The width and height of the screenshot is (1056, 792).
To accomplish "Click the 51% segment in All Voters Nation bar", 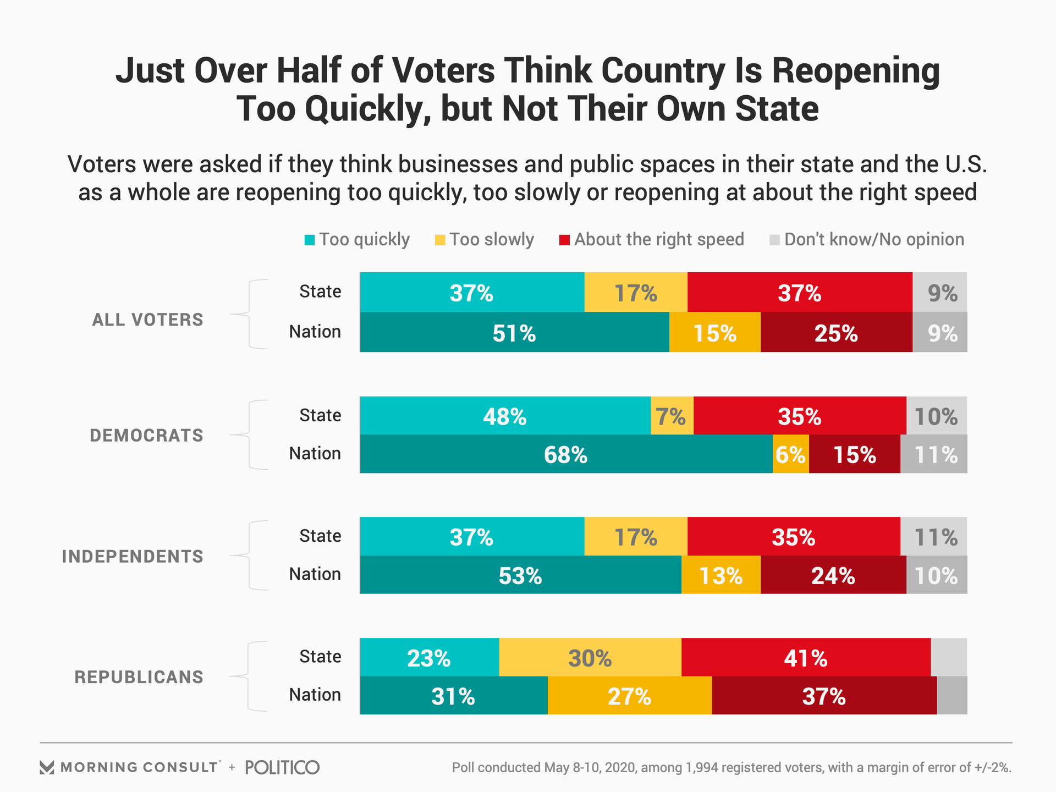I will (x=514, y=333).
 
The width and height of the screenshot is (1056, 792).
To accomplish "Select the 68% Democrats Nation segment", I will (x=566, y=454).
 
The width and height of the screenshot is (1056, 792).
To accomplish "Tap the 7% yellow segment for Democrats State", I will (x=672, y=416).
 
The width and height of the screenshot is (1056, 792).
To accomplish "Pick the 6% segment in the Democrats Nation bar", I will (x=790, y=454).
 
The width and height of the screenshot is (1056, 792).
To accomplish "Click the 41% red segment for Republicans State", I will (x=806, y=658).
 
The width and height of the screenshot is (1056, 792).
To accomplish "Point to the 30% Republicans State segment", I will (x=590, y=658).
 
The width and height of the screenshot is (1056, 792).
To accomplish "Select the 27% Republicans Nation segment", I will (x=629, y=696).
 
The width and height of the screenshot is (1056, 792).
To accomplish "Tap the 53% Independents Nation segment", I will (x=520, y=575).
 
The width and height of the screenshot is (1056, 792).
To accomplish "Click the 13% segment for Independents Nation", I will (x=721, y=575).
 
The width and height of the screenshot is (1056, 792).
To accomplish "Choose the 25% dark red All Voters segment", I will (x=836, y=333).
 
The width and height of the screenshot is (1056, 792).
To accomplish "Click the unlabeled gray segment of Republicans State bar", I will (x=949, y=658).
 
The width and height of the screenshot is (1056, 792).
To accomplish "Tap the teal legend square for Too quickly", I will (x=310, y=240).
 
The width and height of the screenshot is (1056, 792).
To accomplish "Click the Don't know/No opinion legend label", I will (x=874, y=240).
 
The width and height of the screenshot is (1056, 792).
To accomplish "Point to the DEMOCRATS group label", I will (x=146, y=436).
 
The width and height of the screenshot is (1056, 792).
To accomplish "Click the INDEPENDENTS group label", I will (x=133, y=557).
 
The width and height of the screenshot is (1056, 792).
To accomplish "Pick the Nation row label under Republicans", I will (x=315, y=695).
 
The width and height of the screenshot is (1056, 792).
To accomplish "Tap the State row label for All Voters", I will (x=320, y=291).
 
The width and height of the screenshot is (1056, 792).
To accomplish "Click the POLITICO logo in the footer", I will (x=282, y=767).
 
